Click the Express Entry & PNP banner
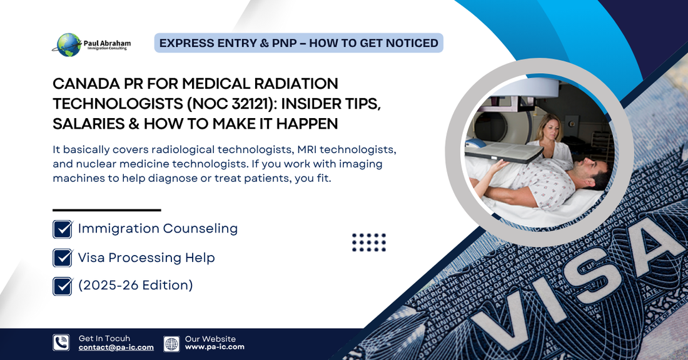coord(298,43)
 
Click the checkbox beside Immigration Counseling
coord(63,229)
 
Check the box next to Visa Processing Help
coord(63,257)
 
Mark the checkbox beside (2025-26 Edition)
coord(63,286)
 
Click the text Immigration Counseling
coord(158,229)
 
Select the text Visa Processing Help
coord(146,257)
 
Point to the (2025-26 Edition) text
coord(135,286)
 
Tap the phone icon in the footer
coord(61,342)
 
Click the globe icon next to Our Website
coord(171,343)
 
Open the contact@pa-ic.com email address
coord(116,347)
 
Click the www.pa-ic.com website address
coord(215,347)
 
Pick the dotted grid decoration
coord(369,242)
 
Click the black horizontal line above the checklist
coord(107,210)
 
